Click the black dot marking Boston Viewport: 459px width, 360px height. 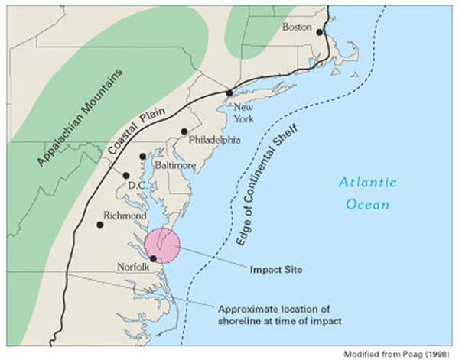click(320, 32)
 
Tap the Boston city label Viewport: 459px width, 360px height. click(298, 27)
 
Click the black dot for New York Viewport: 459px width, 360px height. click(229, 92)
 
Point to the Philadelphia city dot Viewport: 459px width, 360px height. click(184, 131)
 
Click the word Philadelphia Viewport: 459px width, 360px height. click(214, 141)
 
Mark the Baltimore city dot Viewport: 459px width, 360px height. click(143, 157)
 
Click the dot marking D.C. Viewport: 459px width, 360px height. click(126, 175)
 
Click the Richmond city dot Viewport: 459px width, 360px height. click(100, 225)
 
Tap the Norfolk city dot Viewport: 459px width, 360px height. click(154, 258)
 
